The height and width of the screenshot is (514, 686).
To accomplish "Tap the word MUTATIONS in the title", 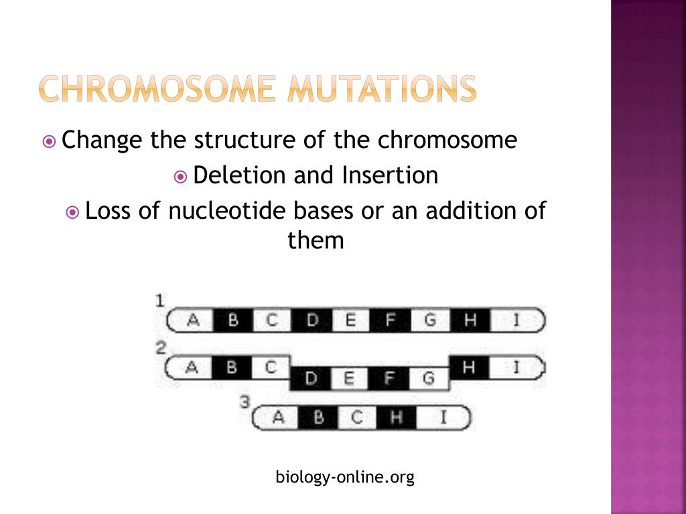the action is click(x=381, y=88).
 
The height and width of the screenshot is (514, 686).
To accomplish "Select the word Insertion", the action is click(x=390, y=175).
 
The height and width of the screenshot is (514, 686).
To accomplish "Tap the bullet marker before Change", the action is click(x=49, y=142).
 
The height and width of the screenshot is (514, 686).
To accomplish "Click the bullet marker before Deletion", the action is click(x=180, y=177).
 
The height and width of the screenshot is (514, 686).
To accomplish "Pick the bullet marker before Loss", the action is click(x=73, y=212).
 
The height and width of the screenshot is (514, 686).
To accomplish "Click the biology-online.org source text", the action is click(x=345, y=477).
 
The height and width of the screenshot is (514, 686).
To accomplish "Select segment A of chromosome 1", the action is click(x=193, y=320).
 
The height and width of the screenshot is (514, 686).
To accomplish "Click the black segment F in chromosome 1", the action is click(x=390, y=320).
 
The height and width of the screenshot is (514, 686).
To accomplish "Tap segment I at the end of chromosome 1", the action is click(x=517, y=320).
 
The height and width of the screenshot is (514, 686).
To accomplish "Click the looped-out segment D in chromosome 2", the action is click(x=311, y=379).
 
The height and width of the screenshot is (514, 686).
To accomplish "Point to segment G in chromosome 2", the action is click(x=429, y=379).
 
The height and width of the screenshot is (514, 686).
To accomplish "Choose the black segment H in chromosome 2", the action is click(x=469, y=367).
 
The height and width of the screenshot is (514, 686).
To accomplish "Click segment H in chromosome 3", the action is click(x=396, y=418).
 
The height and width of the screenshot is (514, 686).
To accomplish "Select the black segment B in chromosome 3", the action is click(x=318, y=418).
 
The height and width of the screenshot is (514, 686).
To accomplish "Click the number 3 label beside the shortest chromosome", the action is click(x=245, y=402).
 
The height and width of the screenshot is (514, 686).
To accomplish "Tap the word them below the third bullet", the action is click(x=316, y=240).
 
